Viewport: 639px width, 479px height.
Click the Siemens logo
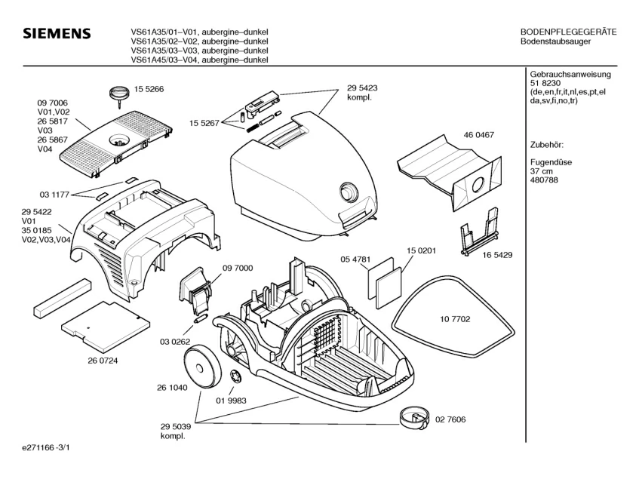pyautogui.click(x=57, y=35)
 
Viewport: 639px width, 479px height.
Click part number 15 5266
pyautogui.click(x=149, y=89)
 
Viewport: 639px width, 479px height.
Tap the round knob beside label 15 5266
pyautogui.click(x=118, y=93)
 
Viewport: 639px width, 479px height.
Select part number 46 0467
pyautogui.click(x=479, y=135)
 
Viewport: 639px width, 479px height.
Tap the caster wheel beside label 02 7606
pyautogui.click(x=409, y=415)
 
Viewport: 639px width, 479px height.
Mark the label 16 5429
pyautogui.click(x=497, y=255)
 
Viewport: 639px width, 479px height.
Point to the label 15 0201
pyautogui.click(x=422, y=250)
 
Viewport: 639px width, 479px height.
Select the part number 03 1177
pyautogui.click(x=54, y=195)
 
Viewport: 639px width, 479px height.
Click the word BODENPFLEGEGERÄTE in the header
pyautogui.click(x=569, y=32)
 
